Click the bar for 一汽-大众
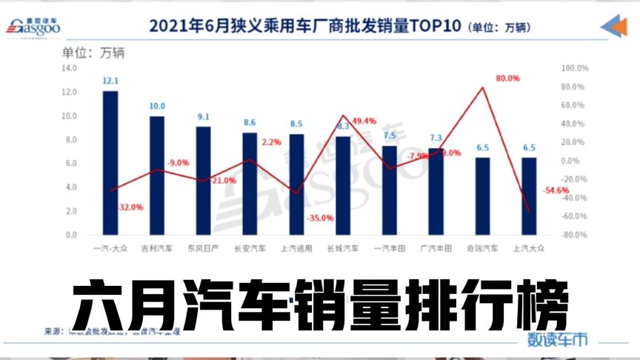pyautogui.click(x=110, y=163)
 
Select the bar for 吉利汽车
pyautogui.click(x=157, y=176)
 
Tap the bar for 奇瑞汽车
pyautogui.click(x=482, y=196)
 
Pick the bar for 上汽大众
pyautogui.click(x=529, y=196)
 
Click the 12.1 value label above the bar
pyautogui.click(x=110, y=80)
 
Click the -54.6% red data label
pyautogui.click(x=556, y=190)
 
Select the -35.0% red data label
pyautogui.click(x=320, y=218)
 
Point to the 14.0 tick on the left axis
pyautogui.click(x=69, y=68)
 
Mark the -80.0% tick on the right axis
pyautogui.click(x=574, y=236)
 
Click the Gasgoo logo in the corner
pyautogui.click(x=33, y=25)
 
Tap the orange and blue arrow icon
pyautogui.click(x=614, y=26)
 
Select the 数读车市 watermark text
pyautogui.click(x=558, y=339)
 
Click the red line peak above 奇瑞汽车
pyautogui.click(x=483, y=87)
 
